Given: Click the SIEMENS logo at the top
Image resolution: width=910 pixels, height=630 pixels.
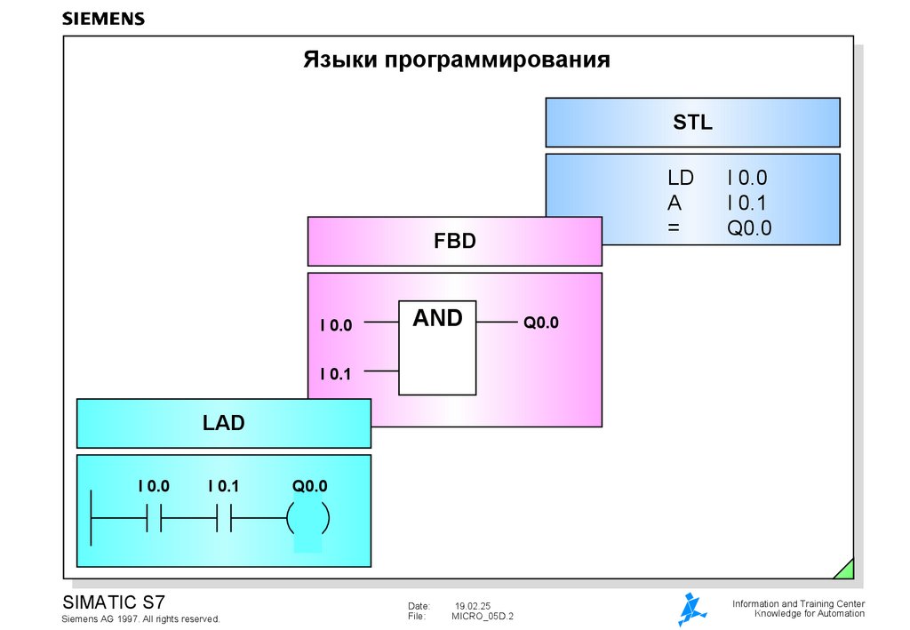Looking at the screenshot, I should [x=103, y=19].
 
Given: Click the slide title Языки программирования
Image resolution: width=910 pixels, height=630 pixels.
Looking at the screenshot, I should [x=456, y=60].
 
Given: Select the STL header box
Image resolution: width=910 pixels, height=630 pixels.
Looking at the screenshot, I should [x=692, y=123].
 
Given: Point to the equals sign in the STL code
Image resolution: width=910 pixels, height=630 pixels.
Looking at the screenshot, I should [x=673, y=228].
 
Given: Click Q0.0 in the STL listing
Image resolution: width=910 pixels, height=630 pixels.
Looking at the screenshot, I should [x=750, y=228].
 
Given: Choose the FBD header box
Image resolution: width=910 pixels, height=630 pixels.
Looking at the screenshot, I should [x=454, y=241].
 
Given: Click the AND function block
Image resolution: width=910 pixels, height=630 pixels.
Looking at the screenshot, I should [x=437, y=347].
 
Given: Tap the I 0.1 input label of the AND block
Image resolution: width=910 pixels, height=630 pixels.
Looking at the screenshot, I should [x=336, y=374].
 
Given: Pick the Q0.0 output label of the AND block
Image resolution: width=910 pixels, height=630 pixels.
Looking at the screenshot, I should [x=540, y=323].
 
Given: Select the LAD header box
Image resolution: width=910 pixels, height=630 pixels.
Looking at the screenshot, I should [x=223, y=424].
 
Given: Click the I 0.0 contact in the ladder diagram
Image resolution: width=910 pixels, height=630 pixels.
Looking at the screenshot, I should [x=154, y=516].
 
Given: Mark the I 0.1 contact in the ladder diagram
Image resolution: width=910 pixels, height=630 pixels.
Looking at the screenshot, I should [x=224, y=516].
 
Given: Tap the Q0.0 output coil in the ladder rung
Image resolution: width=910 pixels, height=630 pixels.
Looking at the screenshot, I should [x=308, y=516].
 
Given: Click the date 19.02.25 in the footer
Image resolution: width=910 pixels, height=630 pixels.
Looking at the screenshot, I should [x=473, y=605].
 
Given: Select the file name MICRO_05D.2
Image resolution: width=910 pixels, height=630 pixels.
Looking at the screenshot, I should [x=483, y=616].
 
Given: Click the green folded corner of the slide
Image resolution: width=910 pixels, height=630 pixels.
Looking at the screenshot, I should [x=844, y=569].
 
